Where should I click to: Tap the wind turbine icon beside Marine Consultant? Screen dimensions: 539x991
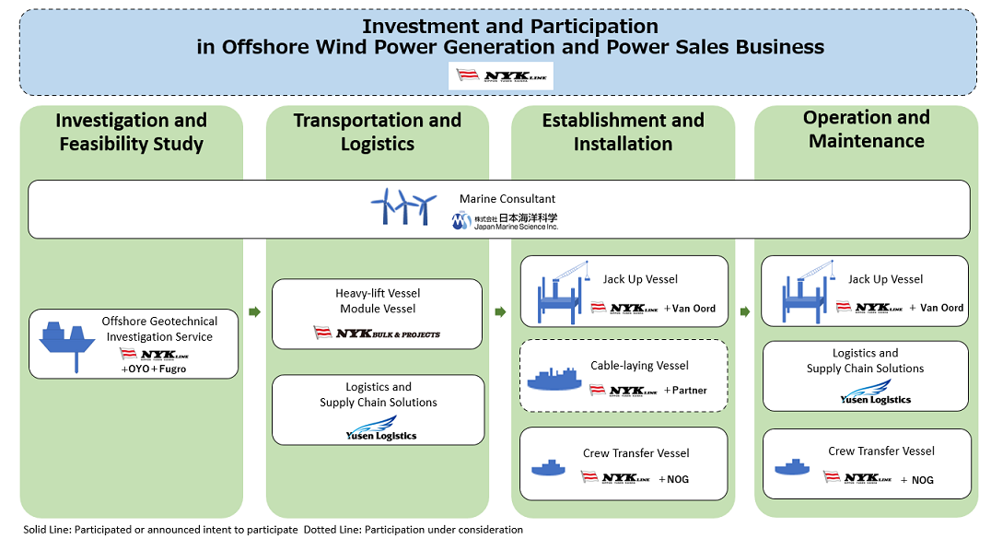[402, 207]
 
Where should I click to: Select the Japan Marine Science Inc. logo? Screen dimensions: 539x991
[505, 221]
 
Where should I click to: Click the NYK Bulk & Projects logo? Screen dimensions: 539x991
[377, 333]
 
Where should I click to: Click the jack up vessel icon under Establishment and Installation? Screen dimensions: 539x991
[562, 290]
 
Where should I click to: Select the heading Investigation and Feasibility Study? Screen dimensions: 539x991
[131, 132]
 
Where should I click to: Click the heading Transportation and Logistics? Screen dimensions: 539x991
[377, 132]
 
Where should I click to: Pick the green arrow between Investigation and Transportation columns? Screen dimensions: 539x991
[255, 312]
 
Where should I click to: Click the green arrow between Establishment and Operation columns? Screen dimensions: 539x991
[744, 312]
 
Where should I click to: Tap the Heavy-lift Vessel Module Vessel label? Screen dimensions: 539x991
[377, 300]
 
